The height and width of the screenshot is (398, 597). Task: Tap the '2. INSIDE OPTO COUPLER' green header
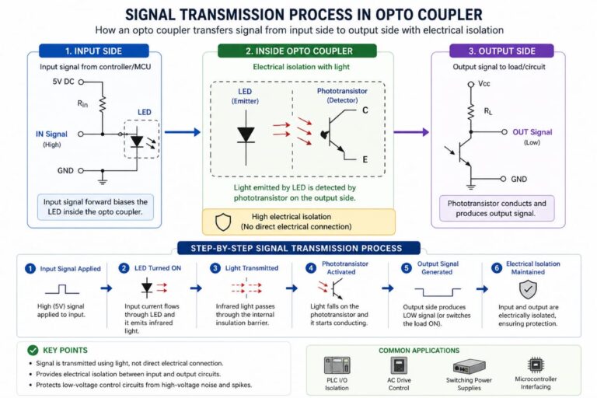coord(298,51)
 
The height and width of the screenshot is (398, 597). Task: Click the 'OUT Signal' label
coord(532,132)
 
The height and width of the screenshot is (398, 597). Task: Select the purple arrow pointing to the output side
coord(411,132)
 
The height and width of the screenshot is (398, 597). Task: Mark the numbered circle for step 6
coord(495,268)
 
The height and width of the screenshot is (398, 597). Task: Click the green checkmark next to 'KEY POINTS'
coord(32,351)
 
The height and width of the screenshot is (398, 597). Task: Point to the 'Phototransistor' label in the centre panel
coord(343,91)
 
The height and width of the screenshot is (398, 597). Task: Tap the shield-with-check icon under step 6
coord(527,291)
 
